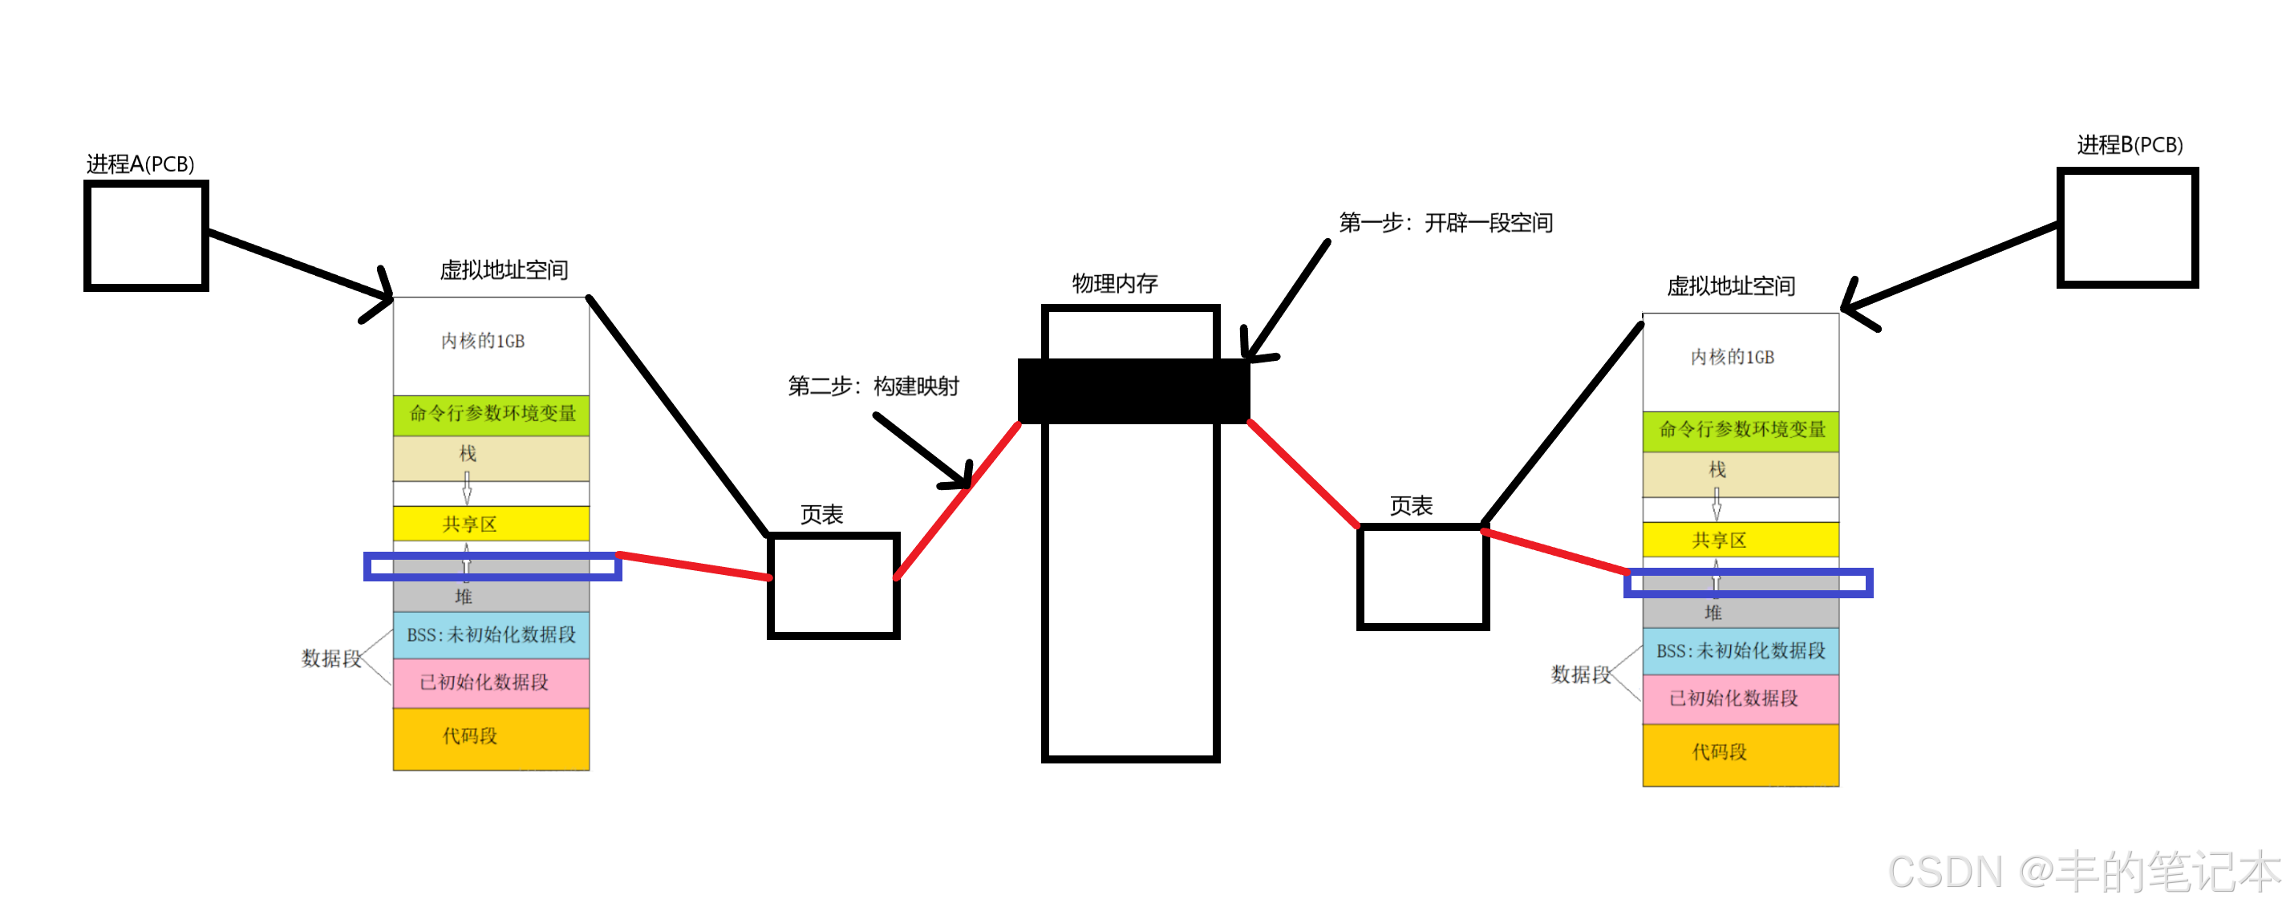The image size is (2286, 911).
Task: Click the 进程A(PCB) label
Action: pos(140,164)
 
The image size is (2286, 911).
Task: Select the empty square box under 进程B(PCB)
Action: pos(2126,227)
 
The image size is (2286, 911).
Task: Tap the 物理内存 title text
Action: pos(1115,284)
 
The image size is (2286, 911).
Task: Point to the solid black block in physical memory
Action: pos(1133,391)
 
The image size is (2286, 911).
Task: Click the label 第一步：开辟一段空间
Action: pos(1445,223)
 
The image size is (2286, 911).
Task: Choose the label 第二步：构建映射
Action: pos(873,386)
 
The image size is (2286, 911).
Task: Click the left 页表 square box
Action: pos(833,585)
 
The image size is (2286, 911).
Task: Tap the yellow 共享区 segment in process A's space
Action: pos(491,524)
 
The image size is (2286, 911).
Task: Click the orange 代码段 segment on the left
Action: pos(491,737)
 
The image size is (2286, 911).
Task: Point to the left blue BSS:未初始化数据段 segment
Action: pos(491,634)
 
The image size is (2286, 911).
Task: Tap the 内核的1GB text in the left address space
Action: pos(483,342)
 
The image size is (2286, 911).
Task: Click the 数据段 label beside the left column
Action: pos(331,658)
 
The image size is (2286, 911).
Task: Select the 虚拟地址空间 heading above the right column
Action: pos(1730,285)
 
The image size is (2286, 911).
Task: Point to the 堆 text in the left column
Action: pos(464,597)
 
